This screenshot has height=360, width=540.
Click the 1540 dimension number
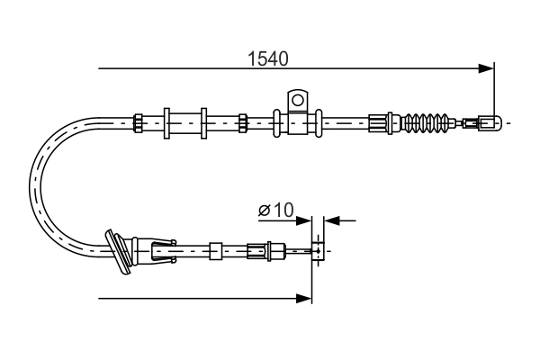coord(267,59)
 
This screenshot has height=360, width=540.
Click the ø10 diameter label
coord(275,211)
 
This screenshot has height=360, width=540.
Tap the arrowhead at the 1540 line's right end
coord(488,67)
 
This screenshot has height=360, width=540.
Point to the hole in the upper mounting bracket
coord(298,97)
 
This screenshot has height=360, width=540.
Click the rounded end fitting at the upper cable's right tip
coord(489,121)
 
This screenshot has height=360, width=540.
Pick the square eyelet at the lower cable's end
coord(317,250)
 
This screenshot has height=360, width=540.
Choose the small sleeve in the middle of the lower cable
coord(215,250)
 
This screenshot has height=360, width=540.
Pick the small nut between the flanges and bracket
coord(243,121)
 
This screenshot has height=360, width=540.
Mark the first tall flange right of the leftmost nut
coord(167,121)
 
